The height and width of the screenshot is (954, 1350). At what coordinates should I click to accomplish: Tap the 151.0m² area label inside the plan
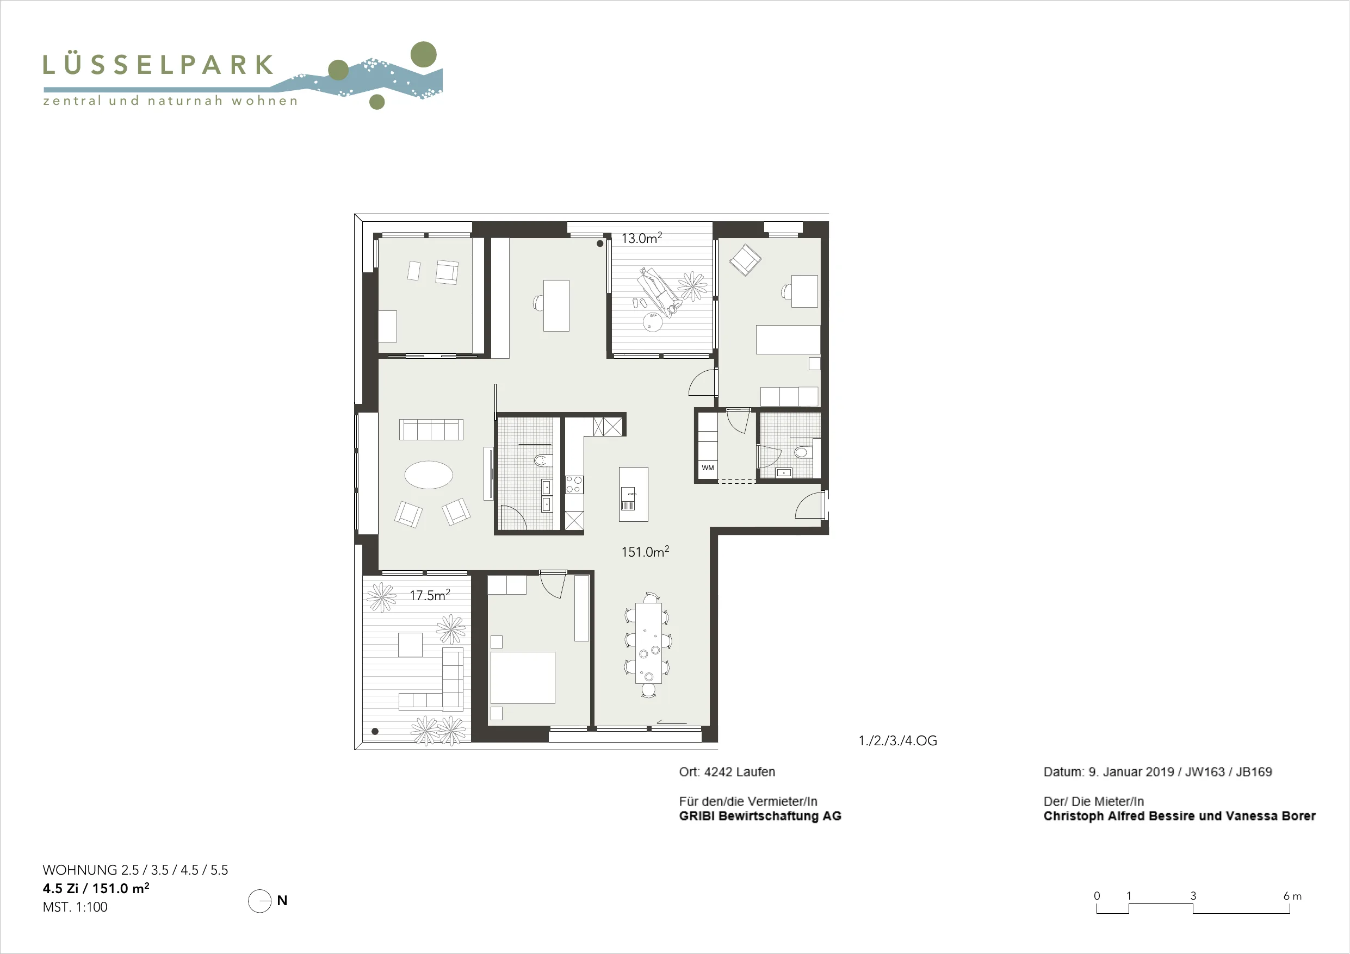645,551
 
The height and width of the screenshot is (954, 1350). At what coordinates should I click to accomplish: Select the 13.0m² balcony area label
641,238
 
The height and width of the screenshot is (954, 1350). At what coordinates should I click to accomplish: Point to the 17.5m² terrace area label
430,595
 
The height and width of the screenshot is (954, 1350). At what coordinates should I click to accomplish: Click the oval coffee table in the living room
429,475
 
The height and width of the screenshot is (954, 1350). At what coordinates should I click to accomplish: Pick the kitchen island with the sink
633,494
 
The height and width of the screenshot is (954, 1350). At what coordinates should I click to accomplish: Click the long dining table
648,643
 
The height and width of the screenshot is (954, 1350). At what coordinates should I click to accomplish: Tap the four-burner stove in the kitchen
573,484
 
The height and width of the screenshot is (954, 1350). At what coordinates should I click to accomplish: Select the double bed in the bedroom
522,677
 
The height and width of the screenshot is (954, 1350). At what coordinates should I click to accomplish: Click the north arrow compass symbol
260,901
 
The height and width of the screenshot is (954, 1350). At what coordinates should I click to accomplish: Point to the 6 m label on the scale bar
1292,896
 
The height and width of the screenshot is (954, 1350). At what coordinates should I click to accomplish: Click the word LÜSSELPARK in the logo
158,65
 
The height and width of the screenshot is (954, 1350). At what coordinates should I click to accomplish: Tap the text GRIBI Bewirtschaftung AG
760,816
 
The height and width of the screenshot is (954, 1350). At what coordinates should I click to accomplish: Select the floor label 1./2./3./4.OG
898,740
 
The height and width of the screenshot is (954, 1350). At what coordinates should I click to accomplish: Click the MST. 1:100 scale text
75,907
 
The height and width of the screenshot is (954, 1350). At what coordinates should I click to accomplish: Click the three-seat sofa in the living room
431,429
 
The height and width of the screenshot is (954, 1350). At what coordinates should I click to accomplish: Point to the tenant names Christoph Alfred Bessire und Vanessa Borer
1180,816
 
